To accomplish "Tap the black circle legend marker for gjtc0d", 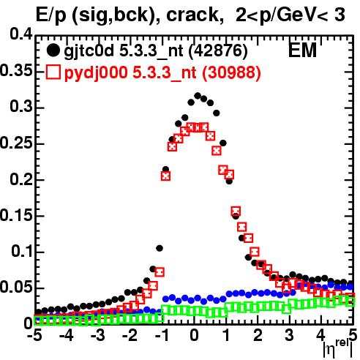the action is [x=53, y=50].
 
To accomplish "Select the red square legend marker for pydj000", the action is [x=53, y=72].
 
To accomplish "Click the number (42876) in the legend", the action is [x=218, y=51].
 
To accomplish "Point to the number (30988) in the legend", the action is [x=231, y=72].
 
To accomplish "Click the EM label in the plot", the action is [x=302, y=50].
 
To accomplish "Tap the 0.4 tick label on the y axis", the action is [x=21, y=34].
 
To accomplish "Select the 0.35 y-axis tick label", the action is [x=16, y=71].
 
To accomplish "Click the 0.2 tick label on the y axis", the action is [x=21, y=180].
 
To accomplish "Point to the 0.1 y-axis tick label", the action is [x=22, y=252].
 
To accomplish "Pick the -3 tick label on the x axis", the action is [x=97, y=335].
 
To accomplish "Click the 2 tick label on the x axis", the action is [x=258, y=335].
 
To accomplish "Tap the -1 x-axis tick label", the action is [x=162, y=335].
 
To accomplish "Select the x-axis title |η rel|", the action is [x=338, y=350].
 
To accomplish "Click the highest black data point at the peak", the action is [x=198, y=96].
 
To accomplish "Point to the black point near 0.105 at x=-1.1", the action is [x=160, y=248].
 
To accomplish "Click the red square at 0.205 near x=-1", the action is [x=165, y=176].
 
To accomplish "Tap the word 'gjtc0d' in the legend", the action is [x=89, y=52].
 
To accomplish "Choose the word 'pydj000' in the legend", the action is [x=96, y=73].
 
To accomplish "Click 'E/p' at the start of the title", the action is [x=50, y=16].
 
